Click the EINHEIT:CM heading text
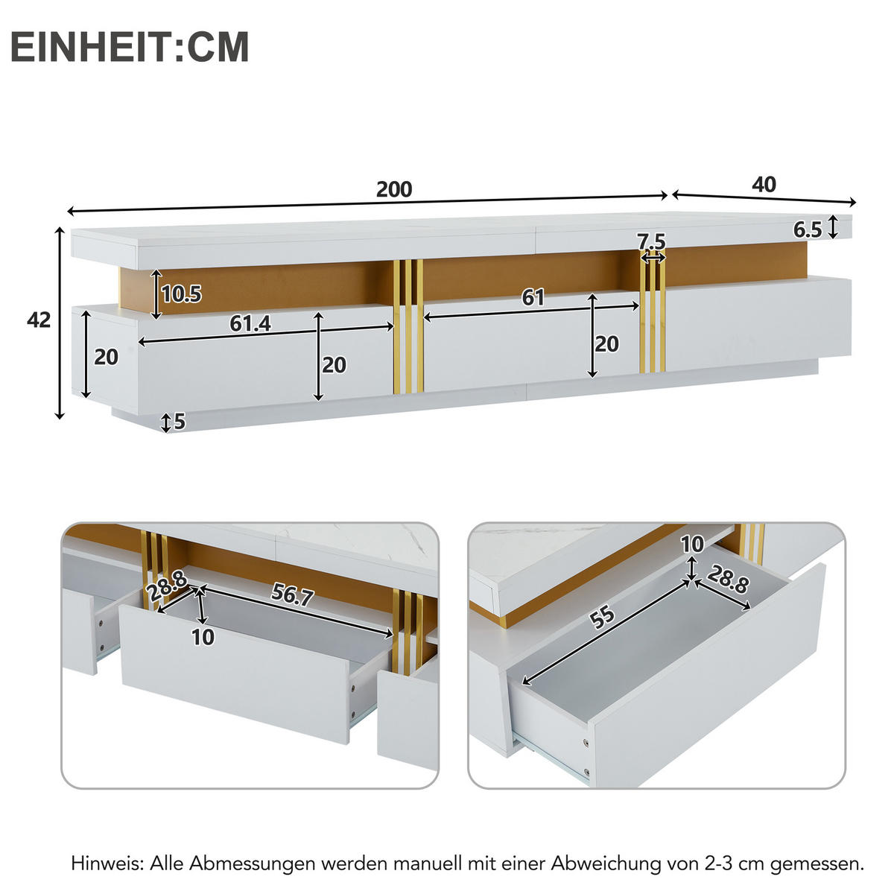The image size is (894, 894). click(x=130, y=46)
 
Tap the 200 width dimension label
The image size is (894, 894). click(x=393, y=189)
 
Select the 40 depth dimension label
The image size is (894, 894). click(x=764, y=184)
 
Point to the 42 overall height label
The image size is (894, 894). click(x=39, y=320)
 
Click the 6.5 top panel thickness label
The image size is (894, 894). click(x=807, y=230)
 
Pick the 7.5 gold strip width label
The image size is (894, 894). click(x=651, y=241)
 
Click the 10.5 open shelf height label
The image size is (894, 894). click(x=181, y=294)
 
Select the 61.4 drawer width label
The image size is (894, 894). click(x=250, y=323)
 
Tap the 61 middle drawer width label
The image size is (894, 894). click(x=533, y=298)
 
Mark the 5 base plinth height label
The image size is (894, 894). click(x=179, y=422)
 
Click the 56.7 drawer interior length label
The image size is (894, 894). click(x=292, y=595)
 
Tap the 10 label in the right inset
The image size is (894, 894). click(x=692, y=545)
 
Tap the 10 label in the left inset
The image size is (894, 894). click(x=203, y=637)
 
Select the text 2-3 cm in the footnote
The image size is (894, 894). click(x=733, y=863)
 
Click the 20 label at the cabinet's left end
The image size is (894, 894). click(x=106, y=357)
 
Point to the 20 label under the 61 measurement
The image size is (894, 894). click(x=606, y=343)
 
